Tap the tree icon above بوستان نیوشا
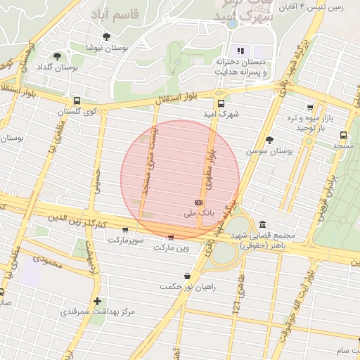pyautogui.click(x=106, y=37)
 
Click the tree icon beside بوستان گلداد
pyautogui.click(x=57, y=56)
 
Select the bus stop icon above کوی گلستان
pyautogui.click(x=77, y=101)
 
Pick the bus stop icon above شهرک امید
pyautogui.click(x=221, y=103)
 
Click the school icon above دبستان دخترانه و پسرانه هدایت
pyautogui.click(x=240, y=51)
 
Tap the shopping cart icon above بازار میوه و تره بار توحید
pyautogui.click(x=310, y=108)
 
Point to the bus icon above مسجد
pyautogui.click(x=343, y=135)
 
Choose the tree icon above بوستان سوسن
pyautogui.click(x=269, y=140)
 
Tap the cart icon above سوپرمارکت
pyautogui.click(x=125, y=229)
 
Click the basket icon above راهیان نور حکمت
pyautogui.click(x=186, y=276)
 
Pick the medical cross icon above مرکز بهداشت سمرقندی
pyautogui.click(x=96, y=300)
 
